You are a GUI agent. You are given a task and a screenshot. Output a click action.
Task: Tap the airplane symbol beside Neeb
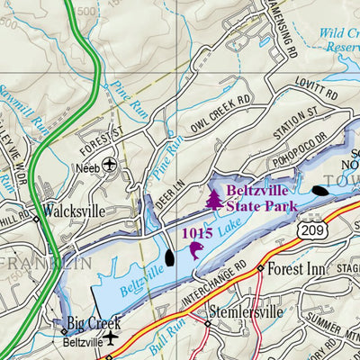coord(110,165)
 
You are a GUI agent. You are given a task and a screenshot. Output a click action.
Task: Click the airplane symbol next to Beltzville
coord(110,338)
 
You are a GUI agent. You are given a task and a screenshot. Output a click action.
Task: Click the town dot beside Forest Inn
coord(259,268)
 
